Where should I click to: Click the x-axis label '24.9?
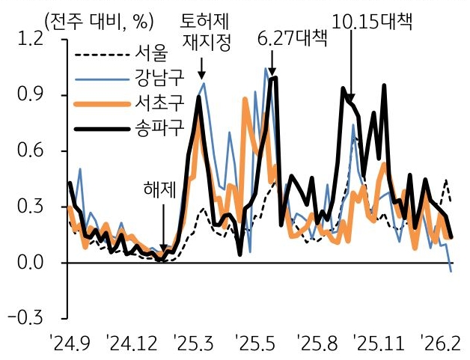(70, 345)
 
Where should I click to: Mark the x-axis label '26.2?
(439, 345)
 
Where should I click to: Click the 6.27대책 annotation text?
(292, 38)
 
